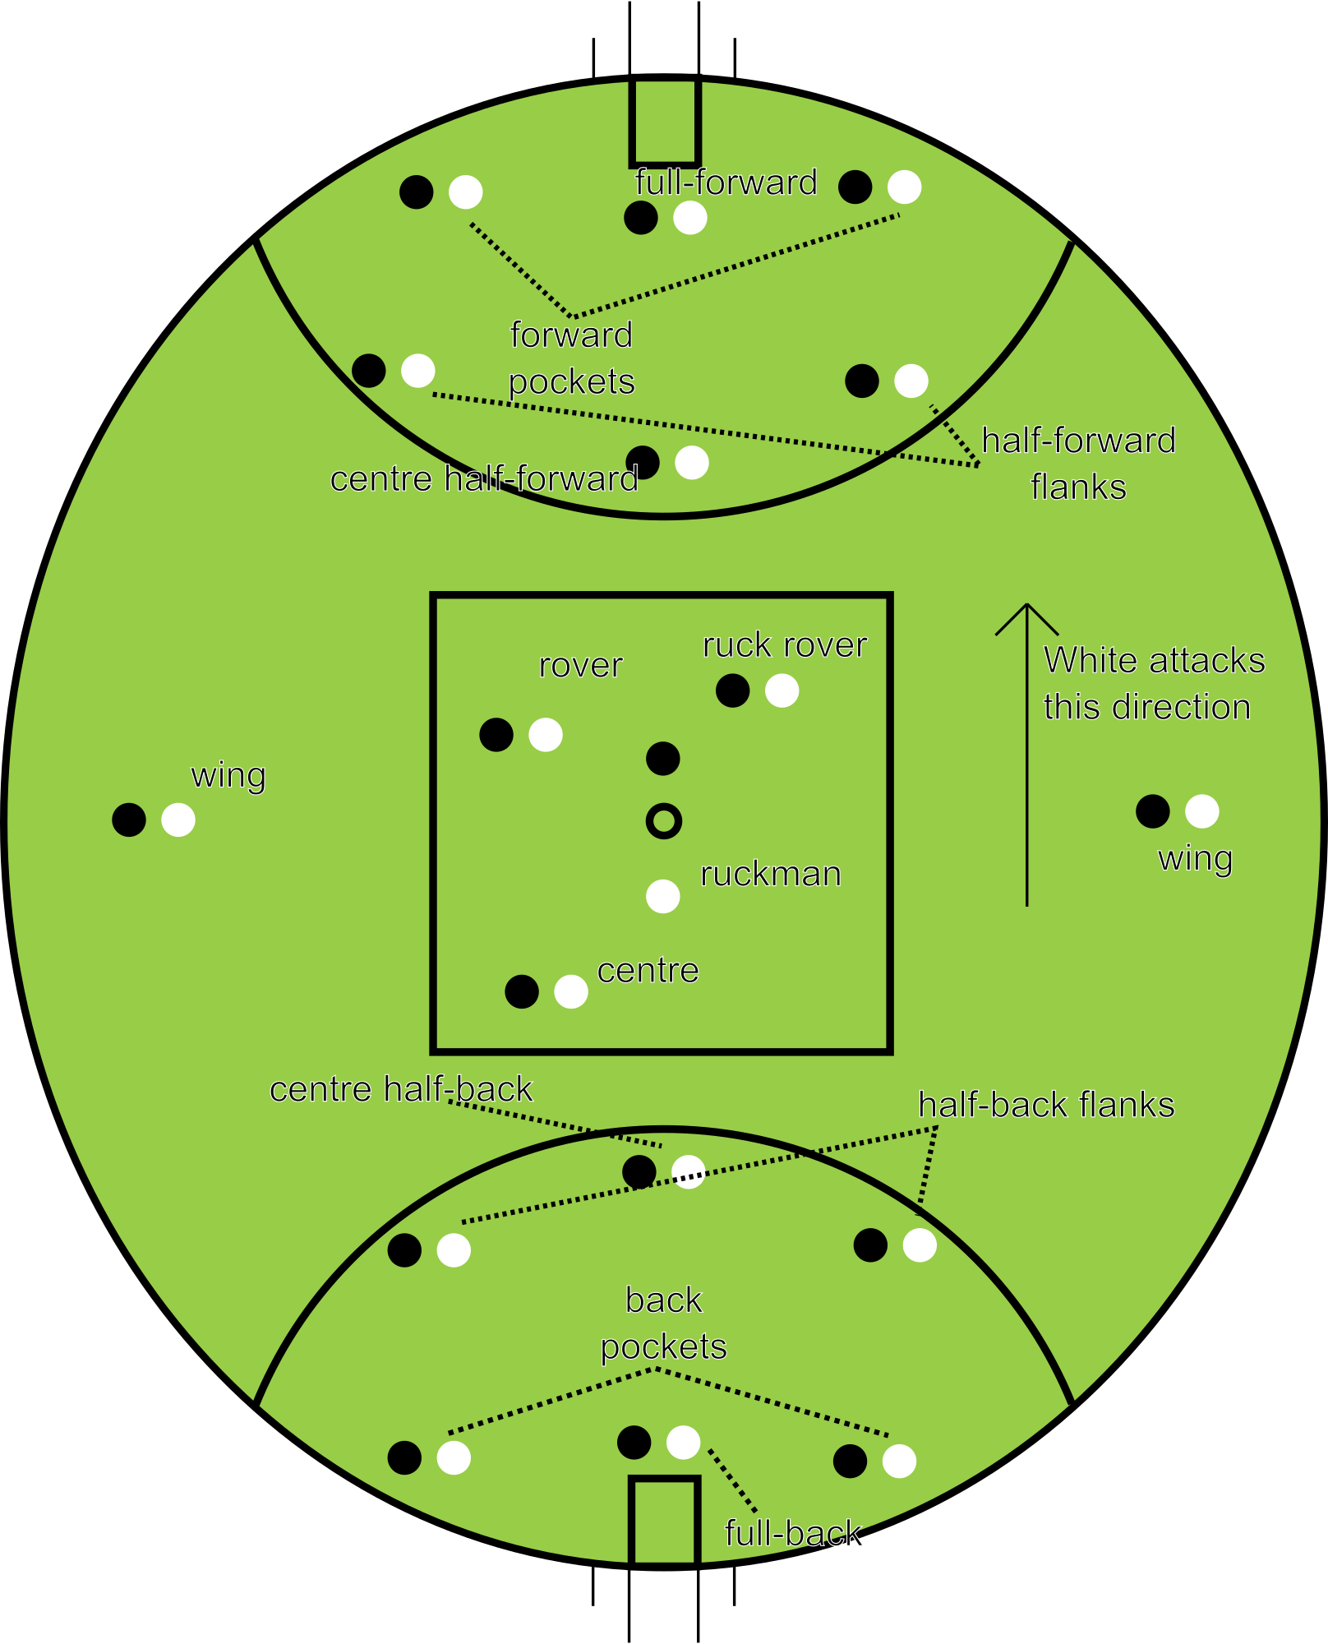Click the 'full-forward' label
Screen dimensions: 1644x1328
[726, 182]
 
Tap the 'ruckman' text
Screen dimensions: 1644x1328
[771, 874]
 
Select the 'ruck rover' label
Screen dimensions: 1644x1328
[785, 645]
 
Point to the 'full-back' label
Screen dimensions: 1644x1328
[794, 1533]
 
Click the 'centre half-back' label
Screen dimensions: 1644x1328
[401, 1089]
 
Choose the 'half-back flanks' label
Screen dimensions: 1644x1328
[1046, 1105]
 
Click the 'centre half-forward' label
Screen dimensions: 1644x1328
[484, 478]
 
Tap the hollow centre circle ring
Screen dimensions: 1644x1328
[663, 820]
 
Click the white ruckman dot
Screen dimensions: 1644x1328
[663, 896]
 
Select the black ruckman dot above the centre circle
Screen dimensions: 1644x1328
[663, 758]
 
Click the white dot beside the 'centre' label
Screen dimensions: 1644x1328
[571, 991]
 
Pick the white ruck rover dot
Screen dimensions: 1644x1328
[782, 690]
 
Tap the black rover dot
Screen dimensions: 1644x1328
[496, 734]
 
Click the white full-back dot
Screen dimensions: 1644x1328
[683, 1442]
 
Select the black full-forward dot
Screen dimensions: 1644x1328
[641, 218]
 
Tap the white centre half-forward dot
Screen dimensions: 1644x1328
[692, 463]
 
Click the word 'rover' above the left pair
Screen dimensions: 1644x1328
[580, 665]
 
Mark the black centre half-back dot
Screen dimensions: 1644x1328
[639, 1171]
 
